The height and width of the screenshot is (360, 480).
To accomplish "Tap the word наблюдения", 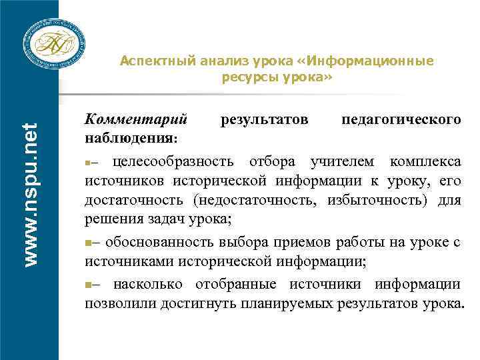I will pos(130,138).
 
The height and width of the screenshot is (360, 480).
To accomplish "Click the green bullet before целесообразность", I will pos(87,163).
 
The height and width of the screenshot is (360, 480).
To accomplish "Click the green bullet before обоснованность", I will pos(87,241).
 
